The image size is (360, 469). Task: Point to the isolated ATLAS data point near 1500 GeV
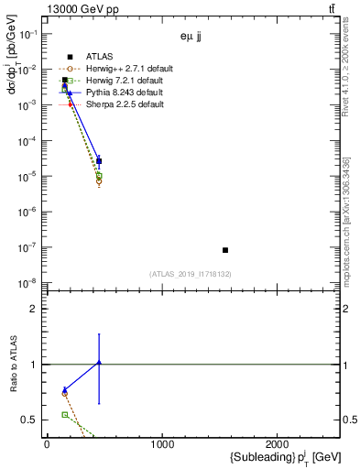[225, 250]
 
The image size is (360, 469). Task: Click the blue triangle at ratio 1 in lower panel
[99, 364]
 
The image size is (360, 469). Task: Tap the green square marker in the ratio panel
[64, 415]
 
